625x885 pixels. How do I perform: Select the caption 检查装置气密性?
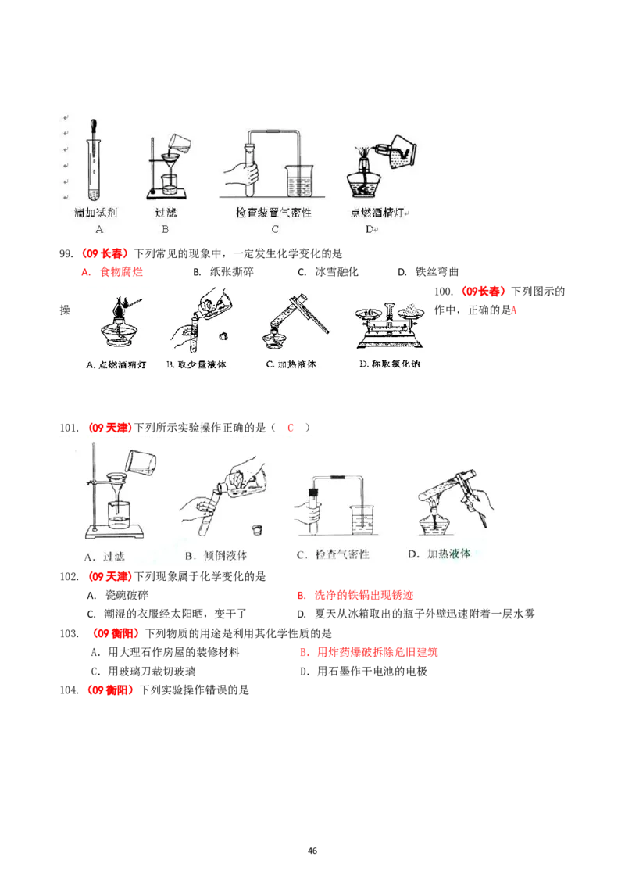273,212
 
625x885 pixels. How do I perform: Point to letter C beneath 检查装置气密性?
275,229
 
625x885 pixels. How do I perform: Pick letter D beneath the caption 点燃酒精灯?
369,229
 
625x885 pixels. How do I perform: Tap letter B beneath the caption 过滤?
165,229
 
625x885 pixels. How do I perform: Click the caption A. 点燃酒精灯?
115,364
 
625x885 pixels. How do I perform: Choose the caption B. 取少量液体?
197,364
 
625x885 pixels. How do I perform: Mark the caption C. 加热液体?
291,364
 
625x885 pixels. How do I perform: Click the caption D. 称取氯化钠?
388,364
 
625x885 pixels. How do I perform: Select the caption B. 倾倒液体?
216,555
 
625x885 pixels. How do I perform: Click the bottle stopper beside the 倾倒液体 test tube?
255,529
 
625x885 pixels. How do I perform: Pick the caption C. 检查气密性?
333,555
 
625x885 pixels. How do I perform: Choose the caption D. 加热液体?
439,554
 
